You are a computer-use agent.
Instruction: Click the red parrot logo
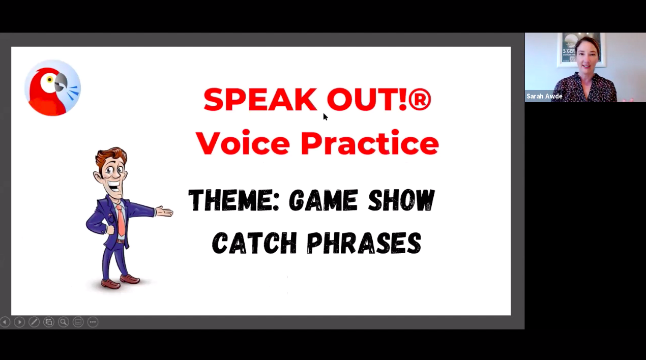[x=52, y=88]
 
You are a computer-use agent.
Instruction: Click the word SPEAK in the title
[x=260, y=100]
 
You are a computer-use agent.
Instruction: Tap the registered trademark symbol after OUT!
[x=420, y=100]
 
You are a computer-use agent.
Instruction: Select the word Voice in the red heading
[x=243, y=143]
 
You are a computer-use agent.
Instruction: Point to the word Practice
[x=369, y=143]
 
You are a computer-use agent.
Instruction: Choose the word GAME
[x=323, y=200]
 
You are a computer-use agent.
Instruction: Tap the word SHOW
[x=401, y=200]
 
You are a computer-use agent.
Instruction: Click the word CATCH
[x=254, y=243]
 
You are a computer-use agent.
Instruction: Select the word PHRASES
[x=364, y=243]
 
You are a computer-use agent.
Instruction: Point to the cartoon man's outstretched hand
[x=164, y=211]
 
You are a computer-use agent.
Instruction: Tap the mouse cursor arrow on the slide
[x=325, y=116]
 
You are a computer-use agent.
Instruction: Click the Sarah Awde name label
[x=544, y=96]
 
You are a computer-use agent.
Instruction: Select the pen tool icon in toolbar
[x=34, y=322]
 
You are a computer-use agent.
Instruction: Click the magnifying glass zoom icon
[x=63, y=322]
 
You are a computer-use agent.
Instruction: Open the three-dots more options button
[x=93, y=322]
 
